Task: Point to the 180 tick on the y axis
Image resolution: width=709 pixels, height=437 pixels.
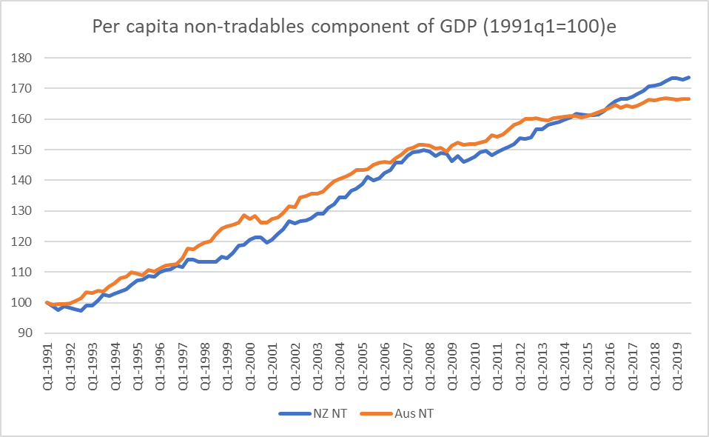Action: click(21, 58)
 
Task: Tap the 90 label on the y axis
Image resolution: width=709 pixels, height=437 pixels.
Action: click(24, 333)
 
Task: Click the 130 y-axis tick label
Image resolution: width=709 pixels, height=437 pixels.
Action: click(21, 211)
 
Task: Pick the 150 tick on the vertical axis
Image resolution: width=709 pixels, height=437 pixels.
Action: click(21, 150)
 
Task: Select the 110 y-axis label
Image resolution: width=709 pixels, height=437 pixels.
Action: click(21, 272)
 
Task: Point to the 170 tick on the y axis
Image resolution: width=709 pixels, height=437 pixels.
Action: click(21, 88)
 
